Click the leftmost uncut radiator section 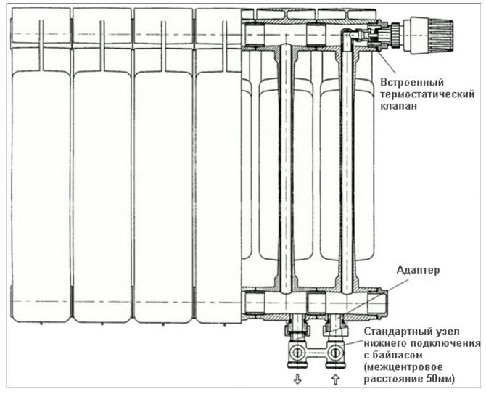[40, 167]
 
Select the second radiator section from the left [102, 167]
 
